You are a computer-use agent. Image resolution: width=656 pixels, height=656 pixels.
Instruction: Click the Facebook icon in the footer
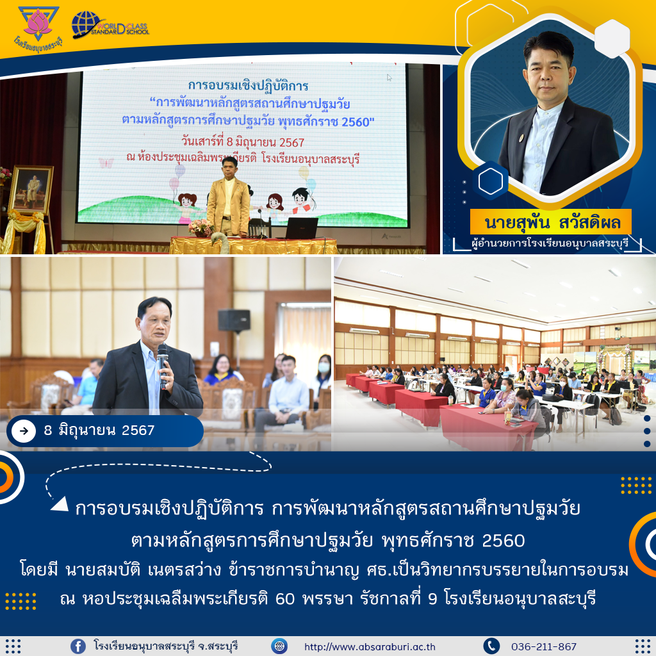[78, 646]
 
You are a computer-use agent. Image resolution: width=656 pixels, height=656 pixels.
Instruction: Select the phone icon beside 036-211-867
[491, 646]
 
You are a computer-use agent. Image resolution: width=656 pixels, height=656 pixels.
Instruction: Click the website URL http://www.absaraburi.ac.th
[370, 647]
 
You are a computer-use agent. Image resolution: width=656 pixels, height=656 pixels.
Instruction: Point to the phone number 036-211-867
[543, 647]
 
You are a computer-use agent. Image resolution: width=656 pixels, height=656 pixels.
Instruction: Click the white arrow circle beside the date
[24, 430]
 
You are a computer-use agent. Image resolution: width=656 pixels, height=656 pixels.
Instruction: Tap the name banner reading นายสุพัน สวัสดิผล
[551, 222]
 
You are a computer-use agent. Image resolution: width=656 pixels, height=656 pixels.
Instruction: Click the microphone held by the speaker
[162, 364]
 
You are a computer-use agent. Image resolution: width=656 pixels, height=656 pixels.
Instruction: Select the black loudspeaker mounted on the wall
[234, 321]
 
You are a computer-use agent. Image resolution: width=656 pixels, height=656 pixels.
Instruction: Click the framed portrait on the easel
[31, 190]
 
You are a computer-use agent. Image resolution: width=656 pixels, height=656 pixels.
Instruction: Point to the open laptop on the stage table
[301, 228]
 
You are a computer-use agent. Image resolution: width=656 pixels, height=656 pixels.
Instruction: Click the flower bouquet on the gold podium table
[201, 228]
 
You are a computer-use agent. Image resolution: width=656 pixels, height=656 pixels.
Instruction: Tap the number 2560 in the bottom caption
[504, 541]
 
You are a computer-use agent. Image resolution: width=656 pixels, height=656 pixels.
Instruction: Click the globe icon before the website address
[279, 646]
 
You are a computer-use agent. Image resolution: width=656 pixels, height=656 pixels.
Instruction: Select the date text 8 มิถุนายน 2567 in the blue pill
[99, 430]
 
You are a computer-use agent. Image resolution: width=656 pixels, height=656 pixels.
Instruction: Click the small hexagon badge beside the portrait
[490, 181]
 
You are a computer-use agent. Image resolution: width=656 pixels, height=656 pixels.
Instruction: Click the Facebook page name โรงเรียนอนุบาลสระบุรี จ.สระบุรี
[166, 646]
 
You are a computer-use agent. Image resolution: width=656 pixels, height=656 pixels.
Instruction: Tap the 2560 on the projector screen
[356, 122]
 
